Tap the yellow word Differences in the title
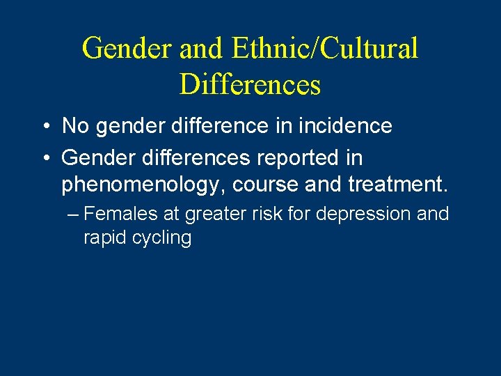(250, 84)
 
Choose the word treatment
(389, 185)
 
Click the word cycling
(160, 238)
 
